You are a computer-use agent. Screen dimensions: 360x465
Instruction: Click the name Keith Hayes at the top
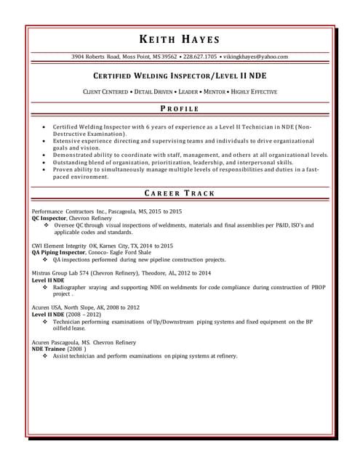click(180, 39)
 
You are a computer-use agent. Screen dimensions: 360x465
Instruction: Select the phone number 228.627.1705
click(200, 57)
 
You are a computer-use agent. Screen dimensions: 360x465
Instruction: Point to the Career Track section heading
click(180, 193)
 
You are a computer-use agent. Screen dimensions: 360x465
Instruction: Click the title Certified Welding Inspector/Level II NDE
click(180, 75)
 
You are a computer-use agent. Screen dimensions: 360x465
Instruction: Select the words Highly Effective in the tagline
click(254, 92)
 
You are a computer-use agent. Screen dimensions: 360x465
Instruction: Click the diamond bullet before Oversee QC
click(46, 225)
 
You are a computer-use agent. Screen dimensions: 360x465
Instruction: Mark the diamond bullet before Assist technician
click(46, 356)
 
